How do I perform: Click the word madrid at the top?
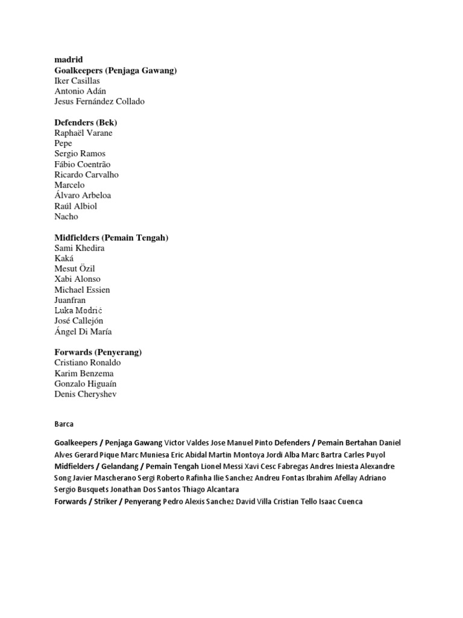coord(68,60)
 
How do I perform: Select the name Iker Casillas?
coord(77,81)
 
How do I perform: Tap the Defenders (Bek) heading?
coord(86,123)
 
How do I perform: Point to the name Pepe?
coord(63,144)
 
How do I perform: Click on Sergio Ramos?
coord(80,154)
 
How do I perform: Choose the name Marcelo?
coord(69,185)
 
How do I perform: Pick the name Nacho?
coord(66,217)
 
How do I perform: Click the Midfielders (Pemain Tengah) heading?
coord(111,238)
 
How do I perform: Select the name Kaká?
coord(64,258)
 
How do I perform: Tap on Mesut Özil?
coord(75,269)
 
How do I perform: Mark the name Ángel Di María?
coord(83,331)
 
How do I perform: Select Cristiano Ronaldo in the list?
coord(87,363)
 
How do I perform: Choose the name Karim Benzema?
coord(84,374)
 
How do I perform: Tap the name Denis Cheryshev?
coord(85,394)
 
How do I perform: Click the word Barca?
coord(64,424)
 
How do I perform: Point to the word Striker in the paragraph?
coord(107,502)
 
